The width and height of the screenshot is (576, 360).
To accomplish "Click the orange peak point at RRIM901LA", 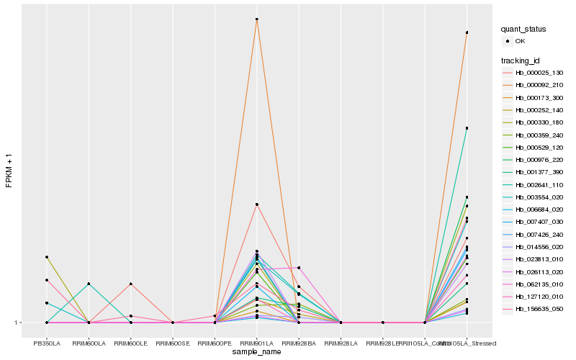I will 257,19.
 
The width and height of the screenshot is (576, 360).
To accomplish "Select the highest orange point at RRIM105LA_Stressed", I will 467,32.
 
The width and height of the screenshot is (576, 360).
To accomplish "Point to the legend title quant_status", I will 523,29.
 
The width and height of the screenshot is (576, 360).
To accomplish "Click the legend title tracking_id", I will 521,60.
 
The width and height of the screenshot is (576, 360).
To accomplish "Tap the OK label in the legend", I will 520,41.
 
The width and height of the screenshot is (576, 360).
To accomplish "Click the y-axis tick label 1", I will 18,323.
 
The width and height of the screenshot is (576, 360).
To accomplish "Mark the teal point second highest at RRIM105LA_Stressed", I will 467,128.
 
